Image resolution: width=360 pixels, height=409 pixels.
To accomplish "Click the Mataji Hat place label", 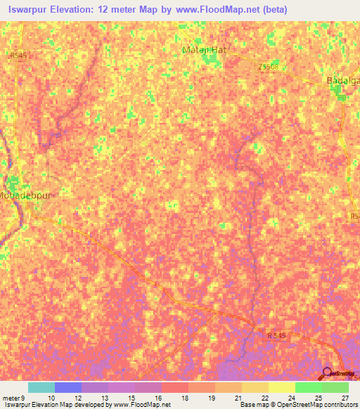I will pos(202,50).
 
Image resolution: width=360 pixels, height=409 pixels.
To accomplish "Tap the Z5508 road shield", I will pos(269,66).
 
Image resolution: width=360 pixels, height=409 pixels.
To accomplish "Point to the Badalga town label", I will pos(343,81).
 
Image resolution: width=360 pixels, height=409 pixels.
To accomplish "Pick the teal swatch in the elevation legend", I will pos(41,387).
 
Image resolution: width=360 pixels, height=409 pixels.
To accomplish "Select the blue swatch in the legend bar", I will pos(67,387).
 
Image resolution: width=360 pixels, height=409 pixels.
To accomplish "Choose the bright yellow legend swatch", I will pos(281,387).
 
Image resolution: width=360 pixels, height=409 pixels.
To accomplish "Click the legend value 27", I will pos(344,398).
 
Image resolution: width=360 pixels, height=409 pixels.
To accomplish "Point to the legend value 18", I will pos(184,398).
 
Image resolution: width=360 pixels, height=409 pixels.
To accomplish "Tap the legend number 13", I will pos(103,398).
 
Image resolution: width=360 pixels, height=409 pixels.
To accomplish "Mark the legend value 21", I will pos(237,398).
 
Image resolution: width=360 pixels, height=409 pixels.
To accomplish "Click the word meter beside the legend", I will pos(12,398).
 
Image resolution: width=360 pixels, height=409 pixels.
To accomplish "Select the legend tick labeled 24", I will pos(290,398).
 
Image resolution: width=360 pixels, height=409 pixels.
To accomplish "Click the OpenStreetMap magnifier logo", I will pos(328,373).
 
